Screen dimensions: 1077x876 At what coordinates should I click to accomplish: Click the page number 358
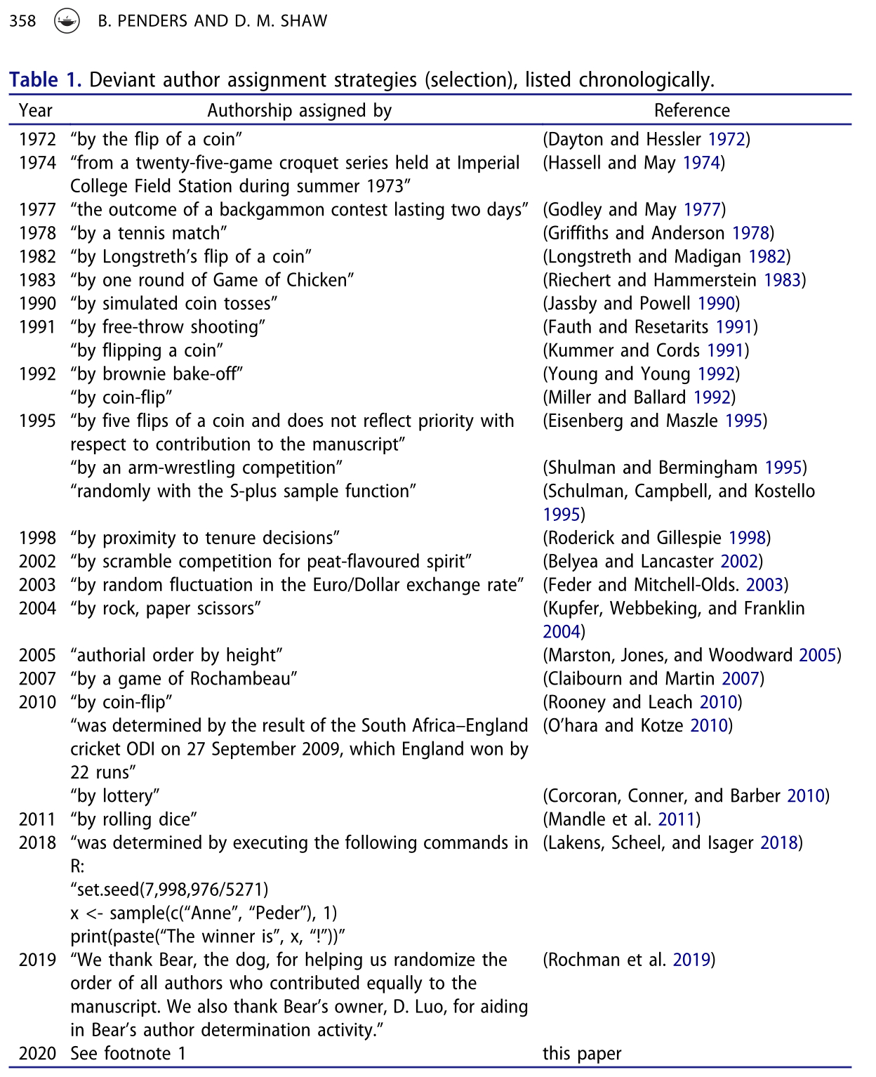click(x=22, y=21)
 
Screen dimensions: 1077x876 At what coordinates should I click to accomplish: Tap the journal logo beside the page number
click(x=67, y=22)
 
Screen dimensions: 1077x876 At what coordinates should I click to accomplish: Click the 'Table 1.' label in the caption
click(x=46, y=80)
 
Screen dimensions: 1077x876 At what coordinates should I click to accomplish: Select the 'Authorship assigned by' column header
click(x=299, y=111)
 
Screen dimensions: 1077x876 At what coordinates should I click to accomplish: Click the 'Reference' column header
click(x=691, y=111)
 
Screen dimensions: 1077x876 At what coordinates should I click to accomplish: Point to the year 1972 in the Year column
click(x=37, y=140)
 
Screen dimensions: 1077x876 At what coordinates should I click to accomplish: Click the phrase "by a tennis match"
click(x=149, y=233)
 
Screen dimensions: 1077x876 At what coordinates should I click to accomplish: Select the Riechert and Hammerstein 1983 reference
click(x=674, y=280)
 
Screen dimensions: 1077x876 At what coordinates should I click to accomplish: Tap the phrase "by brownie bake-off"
click(x=157, y=374)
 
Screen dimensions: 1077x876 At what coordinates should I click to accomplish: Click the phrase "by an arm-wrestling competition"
click(x=206, y=468)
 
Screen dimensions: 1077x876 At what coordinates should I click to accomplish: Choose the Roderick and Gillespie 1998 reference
click(x=656, y=538)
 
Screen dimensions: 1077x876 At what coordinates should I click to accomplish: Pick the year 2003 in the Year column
click(x=37, y=585)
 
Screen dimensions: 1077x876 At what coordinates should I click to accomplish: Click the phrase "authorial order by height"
click(x=176, y=655)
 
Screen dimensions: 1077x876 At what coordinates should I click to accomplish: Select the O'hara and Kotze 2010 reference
click(x=637, y=725)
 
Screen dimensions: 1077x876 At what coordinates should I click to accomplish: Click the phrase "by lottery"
click(x=115, y=795)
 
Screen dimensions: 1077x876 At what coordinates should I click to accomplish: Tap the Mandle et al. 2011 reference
click(x=621, y=819)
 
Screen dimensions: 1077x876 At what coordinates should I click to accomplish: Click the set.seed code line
click(x=169, y=890)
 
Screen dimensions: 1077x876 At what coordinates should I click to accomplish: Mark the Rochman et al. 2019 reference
click(x=629, y=960)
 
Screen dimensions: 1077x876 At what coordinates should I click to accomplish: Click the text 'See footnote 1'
click(x=128, y=1053)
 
